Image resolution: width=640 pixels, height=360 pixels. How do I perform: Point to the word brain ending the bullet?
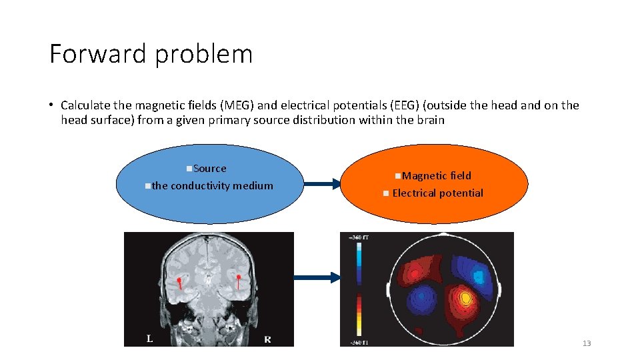pyautogui.click(x=430, y=121)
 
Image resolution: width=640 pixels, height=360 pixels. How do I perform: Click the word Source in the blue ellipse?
pyautogui.click(x=209, y=169)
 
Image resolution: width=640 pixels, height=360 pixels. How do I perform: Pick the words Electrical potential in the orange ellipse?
pyautogui.click(x=437, y=193)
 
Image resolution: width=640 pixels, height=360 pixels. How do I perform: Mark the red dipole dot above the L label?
pyautogui.click(x=179, y=280)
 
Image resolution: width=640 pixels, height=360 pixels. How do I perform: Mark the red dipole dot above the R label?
pyautogui.click(x=238, y=277)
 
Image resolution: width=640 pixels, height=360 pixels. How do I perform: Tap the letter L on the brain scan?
pyautogui.click(x=150, y=339)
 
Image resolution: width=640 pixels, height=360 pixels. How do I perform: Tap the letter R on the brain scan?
pyautogui.click(x=267, y=339)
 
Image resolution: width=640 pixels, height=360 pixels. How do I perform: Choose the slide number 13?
pyautogui.click(x=587, y=343)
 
